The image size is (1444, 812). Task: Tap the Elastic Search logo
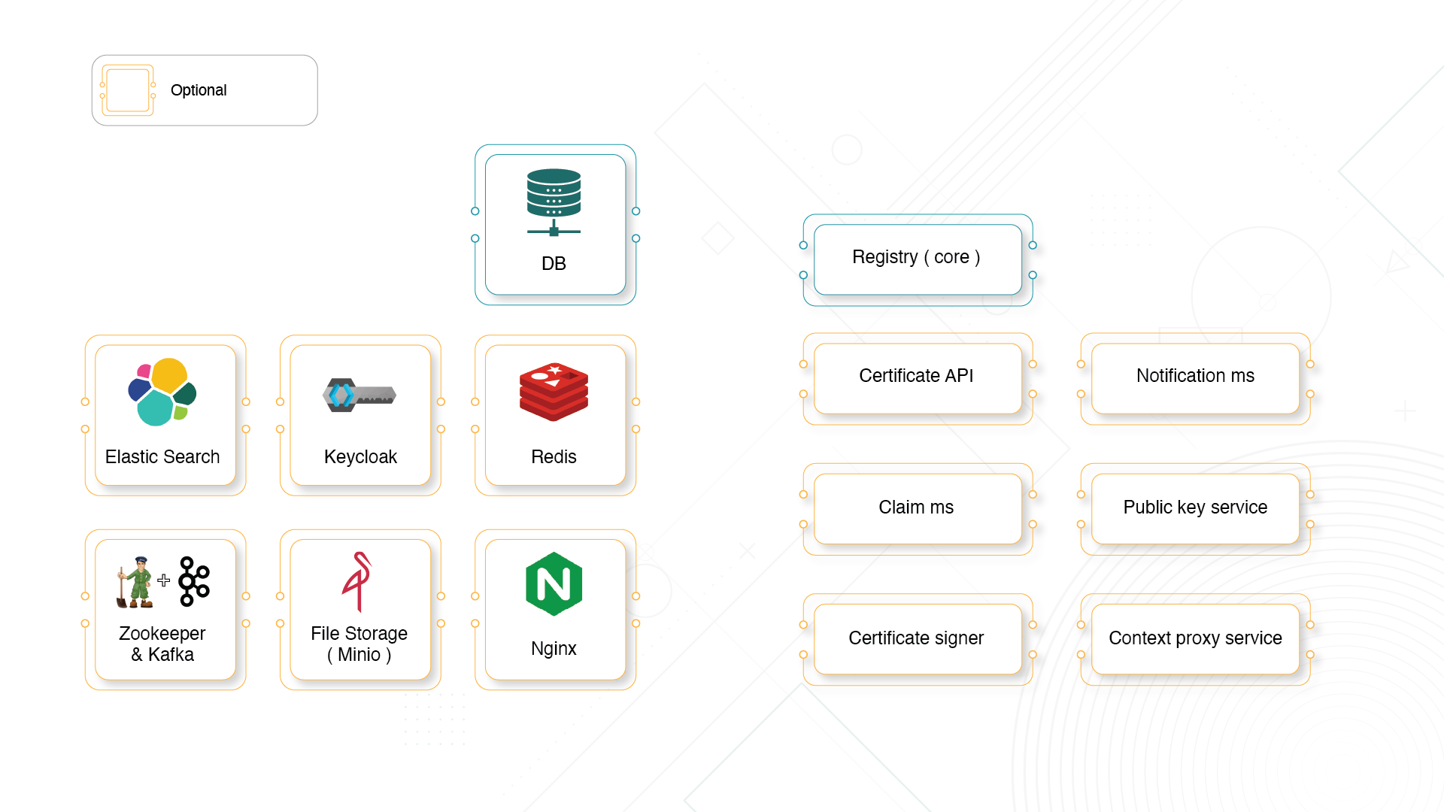(x=162, y=392)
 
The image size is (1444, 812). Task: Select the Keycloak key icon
(x=359, y=395)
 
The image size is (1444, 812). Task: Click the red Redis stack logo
(x=554, y=392)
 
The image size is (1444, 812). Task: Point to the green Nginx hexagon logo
(x=554, y=584)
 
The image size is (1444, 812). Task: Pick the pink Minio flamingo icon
(x=358, y=581)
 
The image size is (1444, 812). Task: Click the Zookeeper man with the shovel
(x=135, y=582)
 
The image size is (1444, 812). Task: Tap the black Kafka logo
(x=194, y=581)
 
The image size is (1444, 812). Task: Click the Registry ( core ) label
(x=916, y=257)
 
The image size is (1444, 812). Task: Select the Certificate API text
(x=916, y=376)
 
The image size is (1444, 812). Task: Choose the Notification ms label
(x=1195, y=376)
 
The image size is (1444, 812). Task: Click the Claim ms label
(x=916, y=507)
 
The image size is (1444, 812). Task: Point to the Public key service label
(x=1195, y=507)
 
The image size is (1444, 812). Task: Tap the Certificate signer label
(x=916, y=638)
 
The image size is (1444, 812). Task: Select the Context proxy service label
(x=1195, y=638)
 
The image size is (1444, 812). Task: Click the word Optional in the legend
(x=199, y=90)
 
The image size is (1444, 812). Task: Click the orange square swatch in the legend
(x=128, y=90)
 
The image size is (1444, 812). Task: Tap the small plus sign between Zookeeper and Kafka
(x=164, y=580)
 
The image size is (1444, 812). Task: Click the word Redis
(x=554, y=457)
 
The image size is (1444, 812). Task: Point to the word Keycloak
(x=360, y=457)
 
